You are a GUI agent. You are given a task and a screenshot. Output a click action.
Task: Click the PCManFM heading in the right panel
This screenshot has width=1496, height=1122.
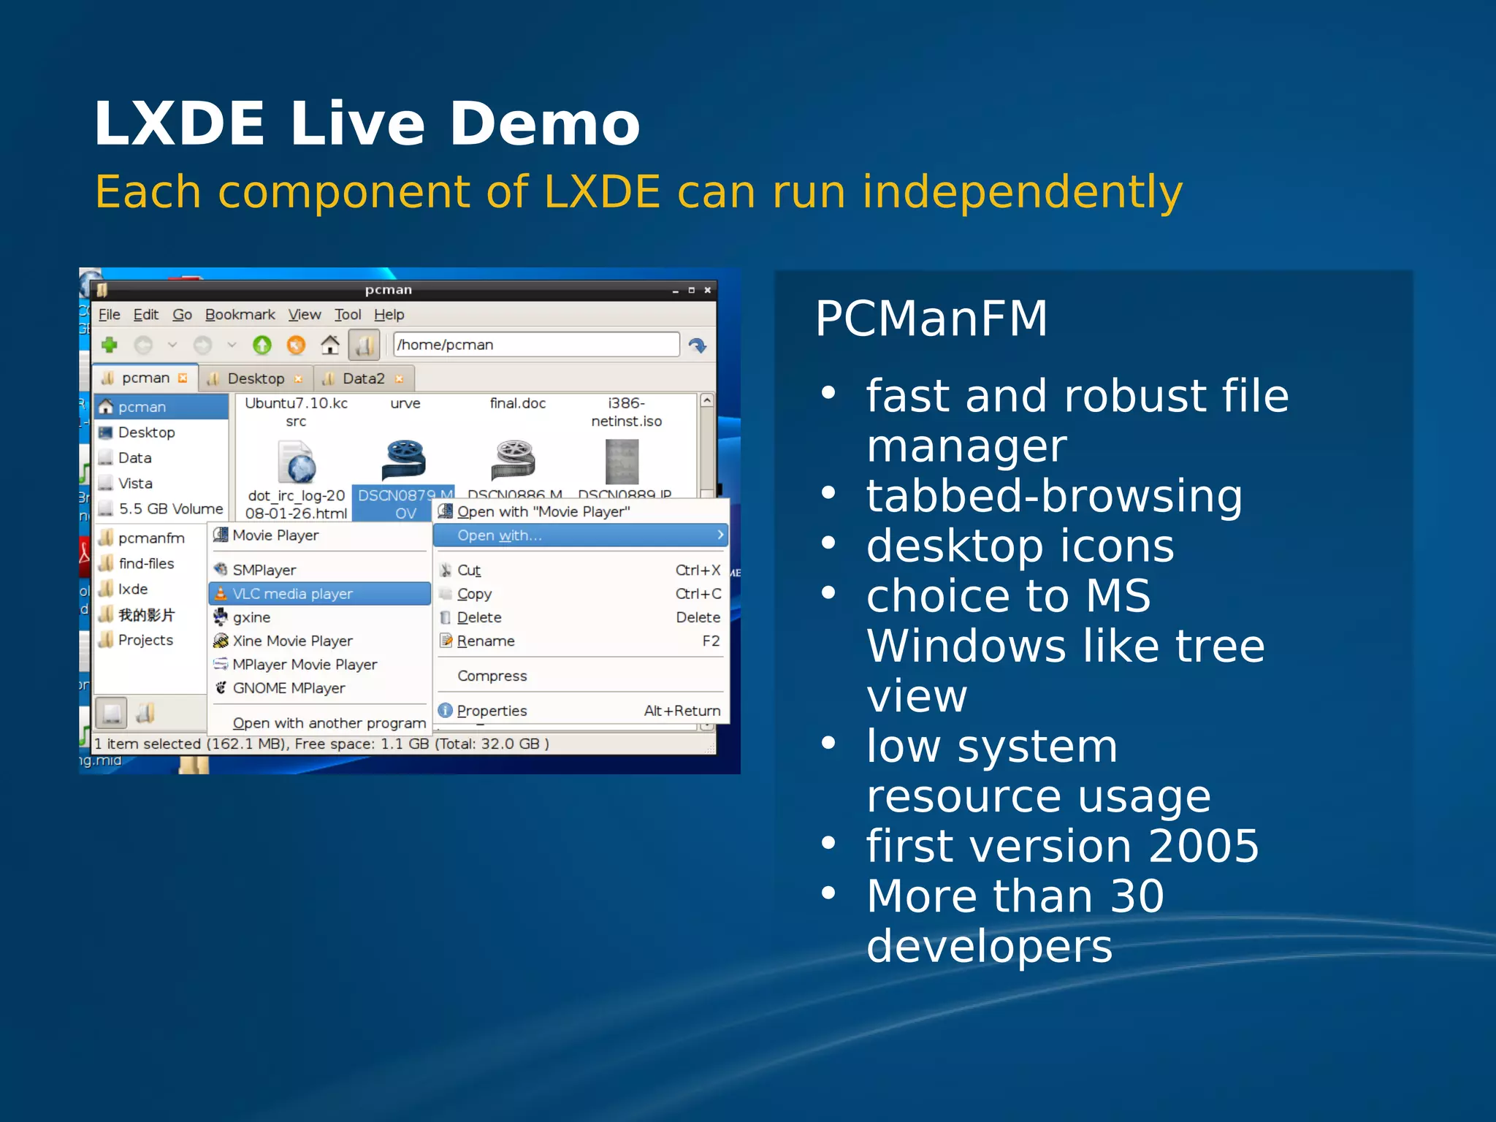[931, 318]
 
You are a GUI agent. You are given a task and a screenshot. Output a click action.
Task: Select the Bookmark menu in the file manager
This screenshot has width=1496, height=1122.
[240, 315]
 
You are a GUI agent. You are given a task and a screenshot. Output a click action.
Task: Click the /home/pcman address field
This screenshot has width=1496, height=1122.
[535, 345]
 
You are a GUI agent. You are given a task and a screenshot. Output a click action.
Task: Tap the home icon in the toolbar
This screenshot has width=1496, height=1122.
[330, 345]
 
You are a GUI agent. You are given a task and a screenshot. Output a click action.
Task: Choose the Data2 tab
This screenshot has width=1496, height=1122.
[363, 378]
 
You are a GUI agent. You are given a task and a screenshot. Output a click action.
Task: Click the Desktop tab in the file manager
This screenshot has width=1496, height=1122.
[256, 378]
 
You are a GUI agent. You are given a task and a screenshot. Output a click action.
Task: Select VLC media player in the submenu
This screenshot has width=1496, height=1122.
[292, 594]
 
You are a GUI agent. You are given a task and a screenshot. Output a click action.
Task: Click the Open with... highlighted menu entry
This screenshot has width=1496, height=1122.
[500, 535]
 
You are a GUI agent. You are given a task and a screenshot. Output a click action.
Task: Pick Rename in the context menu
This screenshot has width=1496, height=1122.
[486, 641]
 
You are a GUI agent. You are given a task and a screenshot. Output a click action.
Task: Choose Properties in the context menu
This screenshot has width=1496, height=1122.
[492, 711]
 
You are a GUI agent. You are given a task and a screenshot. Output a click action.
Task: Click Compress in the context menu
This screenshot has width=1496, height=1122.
[492, 676]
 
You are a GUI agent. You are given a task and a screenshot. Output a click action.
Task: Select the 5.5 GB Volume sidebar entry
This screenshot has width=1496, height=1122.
[170, 509]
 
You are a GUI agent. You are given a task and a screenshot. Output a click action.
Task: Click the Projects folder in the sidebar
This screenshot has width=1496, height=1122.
[145, 641]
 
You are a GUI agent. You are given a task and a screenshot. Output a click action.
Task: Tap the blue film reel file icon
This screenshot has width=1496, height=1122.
[404, 460]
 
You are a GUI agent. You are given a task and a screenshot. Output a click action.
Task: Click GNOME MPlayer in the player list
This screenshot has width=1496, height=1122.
[289, 688]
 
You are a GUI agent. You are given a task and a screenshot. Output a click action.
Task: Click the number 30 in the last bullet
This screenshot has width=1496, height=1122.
[1136, 896]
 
